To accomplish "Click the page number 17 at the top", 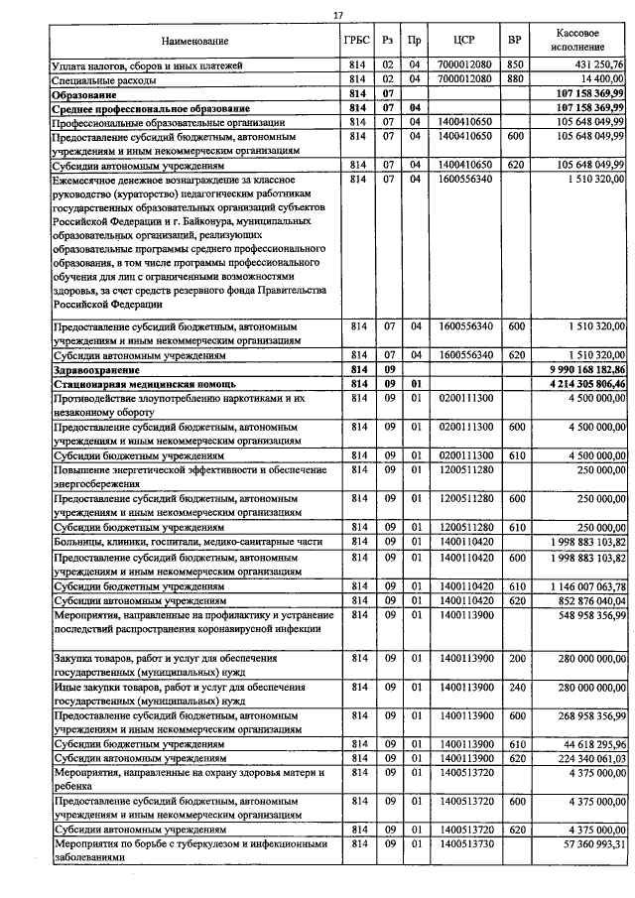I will point(337,14).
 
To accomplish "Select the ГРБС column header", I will point(358,41).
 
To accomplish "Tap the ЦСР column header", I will point(462,41).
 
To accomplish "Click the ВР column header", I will point(514,41).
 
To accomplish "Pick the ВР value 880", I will point(514,77).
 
